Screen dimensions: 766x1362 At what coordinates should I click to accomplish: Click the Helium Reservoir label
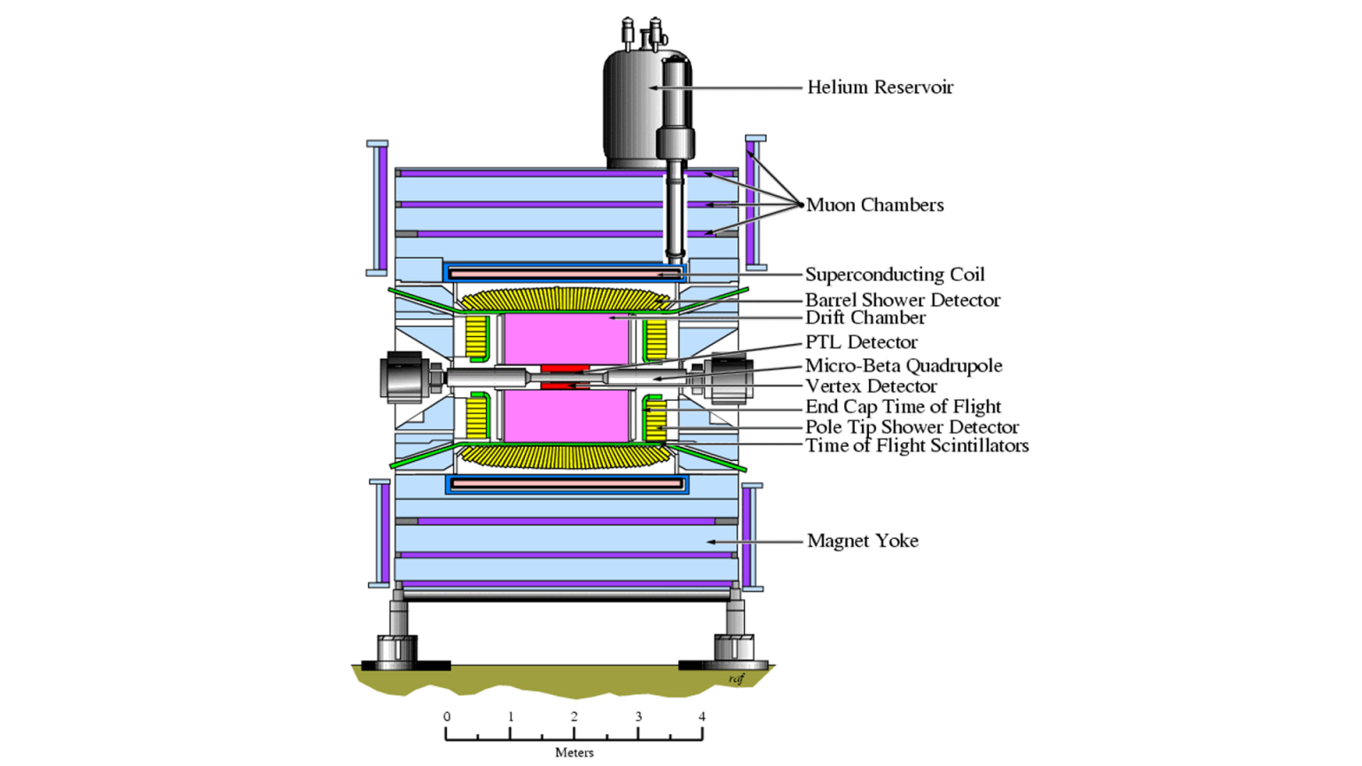point(880,87)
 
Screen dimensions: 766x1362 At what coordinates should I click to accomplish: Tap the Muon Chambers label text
point(874,205)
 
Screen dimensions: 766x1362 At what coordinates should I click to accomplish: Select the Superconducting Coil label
point(895,275)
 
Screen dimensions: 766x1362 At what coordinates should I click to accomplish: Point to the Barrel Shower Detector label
point(903,301)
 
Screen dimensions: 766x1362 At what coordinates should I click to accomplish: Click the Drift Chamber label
point(865,317)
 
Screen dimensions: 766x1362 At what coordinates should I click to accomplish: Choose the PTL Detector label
point(861,342)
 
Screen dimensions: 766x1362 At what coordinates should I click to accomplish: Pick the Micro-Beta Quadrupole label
point(904,365)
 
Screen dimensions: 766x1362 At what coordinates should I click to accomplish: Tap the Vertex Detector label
point(871,386)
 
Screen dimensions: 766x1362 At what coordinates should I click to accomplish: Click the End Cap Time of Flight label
point(903,407)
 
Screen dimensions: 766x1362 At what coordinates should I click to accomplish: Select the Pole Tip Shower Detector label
point(912,426)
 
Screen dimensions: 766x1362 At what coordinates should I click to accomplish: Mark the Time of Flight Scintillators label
point(917,445)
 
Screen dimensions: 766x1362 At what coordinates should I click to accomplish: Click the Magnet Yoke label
point(862,541)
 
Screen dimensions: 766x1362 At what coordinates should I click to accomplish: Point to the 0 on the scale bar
point(447,716)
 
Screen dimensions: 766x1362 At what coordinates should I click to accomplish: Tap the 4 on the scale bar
point(701,716)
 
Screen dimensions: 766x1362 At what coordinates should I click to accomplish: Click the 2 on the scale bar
point(574,716)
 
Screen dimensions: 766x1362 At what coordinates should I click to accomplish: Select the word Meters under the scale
point(574,753)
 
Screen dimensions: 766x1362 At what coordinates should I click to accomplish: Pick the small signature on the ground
point(736,679)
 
